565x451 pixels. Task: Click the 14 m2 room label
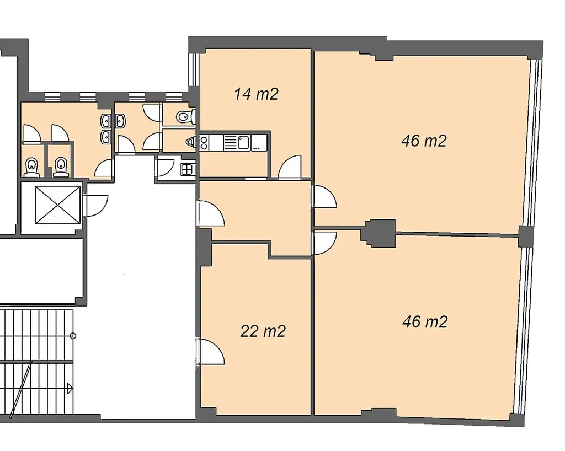pyautogui.click(x=256, y=94)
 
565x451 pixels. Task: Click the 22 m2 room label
pyautogui.click(x=263, y=331)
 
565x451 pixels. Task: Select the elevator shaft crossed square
pyautogui.click(x=57, y=205)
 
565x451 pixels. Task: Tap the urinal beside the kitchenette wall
pyautogui.click(x=191, y=143)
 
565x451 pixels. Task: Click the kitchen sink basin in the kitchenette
pyautogui.click(x=243, y=143)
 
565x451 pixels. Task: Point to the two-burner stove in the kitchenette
pyautogui.click(x=204, y=143)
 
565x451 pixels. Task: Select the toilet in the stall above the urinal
pyautogui.click(x=186, y=116)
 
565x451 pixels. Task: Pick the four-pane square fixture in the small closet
pyautogui.click(x=187, y=169)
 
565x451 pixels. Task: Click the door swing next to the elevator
pyautogui.click(x=96, y=206)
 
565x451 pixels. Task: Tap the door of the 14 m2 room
pyautogui.click(x=290, y=167)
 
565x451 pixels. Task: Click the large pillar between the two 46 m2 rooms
pyautogui.click(x=379, y=233)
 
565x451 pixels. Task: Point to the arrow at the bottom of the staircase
pyautogui.click(x=70, y=389)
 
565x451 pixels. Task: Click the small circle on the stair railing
pyautogui.click(x=73, y=336)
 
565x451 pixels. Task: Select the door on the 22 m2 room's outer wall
pyautogui.click(x=211, y=351)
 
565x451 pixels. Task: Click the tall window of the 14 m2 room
pyautogui.click(x=193, y=70)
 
